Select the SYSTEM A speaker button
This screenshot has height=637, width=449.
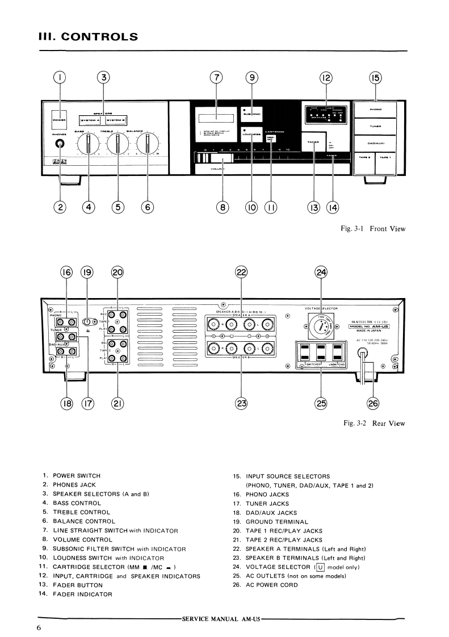click(x=90, y=120)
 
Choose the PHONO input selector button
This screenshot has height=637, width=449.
click(x=375, y=109)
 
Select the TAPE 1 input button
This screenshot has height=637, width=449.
click(x=389, y=158)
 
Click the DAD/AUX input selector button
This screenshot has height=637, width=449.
click(x=375, y=142)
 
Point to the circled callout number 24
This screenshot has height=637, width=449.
click(x=321, y=273)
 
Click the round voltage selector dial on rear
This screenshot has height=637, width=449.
click(x=321, y=327)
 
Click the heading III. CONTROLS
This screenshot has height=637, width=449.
click(x=87, y=37)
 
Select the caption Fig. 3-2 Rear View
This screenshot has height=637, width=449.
click(x=374, y=423)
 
